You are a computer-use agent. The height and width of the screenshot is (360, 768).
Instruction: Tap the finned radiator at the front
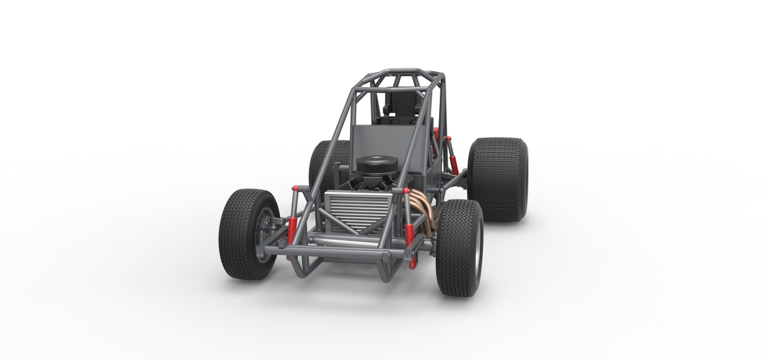(358, 210)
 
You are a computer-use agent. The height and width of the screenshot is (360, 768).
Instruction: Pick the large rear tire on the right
(497, 179)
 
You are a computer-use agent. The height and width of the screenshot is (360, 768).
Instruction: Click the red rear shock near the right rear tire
(451, 160)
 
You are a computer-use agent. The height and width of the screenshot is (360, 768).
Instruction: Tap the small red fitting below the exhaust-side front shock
(413, 264)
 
